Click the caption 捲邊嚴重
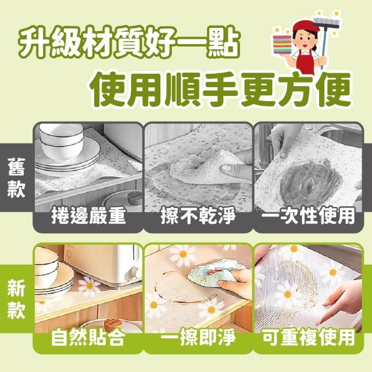(x=88, y=216)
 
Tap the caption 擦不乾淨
(x=198, y=216)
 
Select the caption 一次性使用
(x=309, y=216)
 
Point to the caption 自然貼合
(x=88, y=338)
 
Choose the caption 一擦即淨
(x=198, y=338)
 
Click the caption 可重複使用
(x=309, y=338)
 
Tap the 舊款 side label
(x=16, y=177)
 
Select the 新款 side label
(x=16, y=299)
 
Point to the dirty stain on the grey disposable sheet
(x=308, y=181)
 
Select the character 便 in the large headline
(x=334, y=89)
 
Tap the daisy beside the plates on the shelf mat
(x=90, y=287)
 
